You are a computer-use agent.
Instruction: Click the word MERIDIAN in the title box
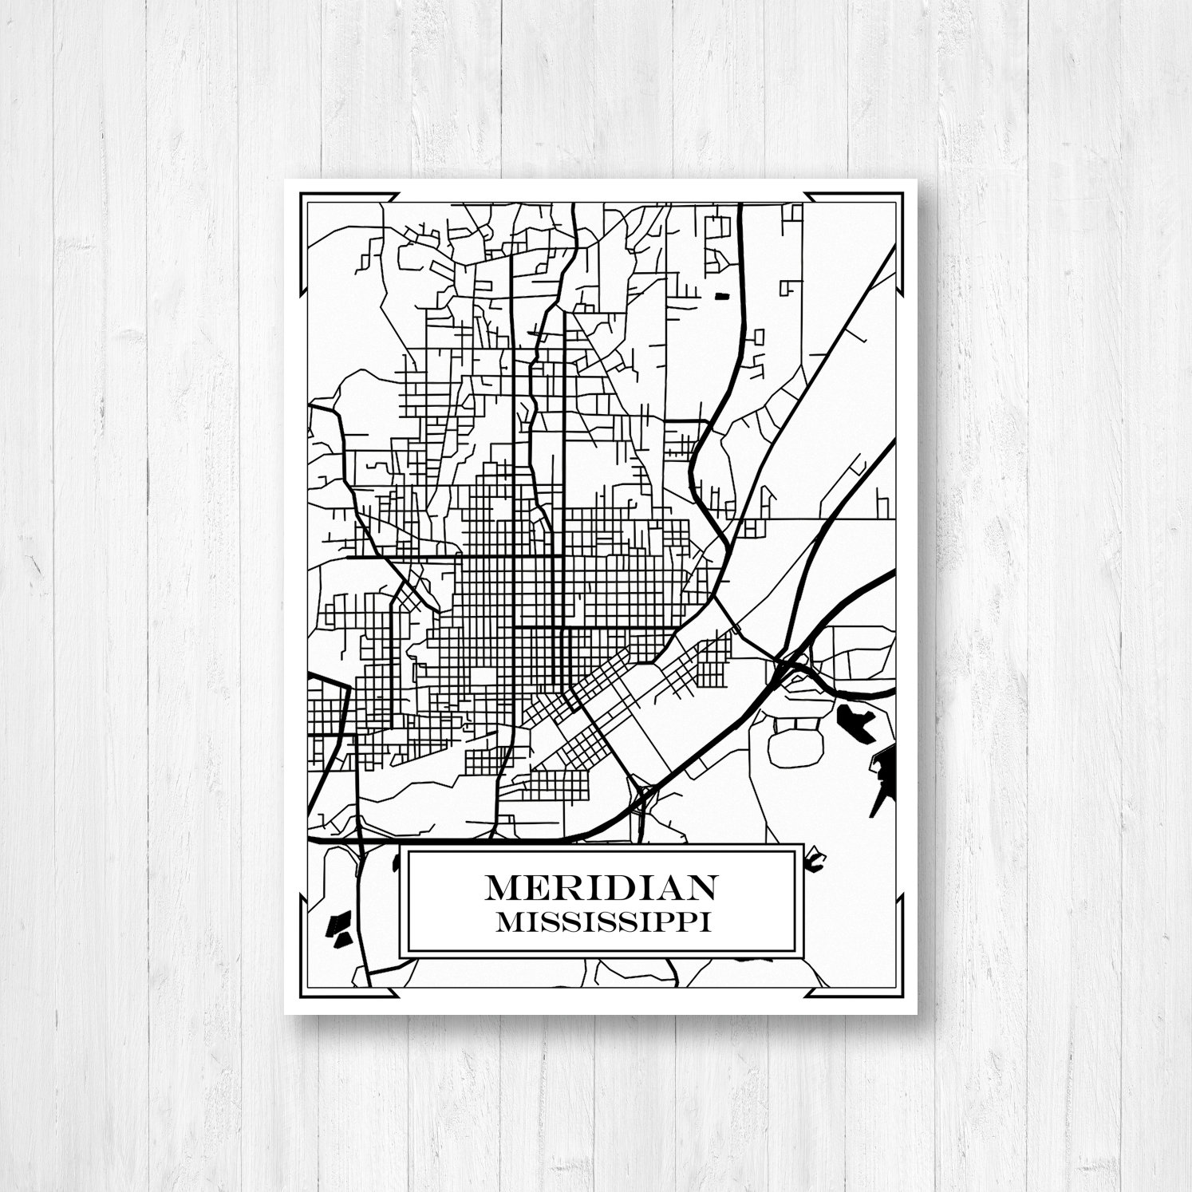coord(601,886)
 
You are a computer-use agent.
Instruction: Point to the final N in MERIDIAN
coord(701,886)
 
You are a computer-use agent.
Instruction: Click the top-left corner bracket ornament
coord(308,203)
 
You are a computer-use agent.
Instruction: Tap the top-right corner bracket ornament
coord(894,203)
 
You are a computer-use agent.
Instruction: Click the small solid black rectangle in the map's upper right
coord(723,296)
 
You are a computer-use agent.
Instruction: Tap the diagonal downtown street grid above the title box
coord(586,718)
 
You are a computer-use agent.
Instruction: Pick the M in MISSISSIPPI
coord(506,922)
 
